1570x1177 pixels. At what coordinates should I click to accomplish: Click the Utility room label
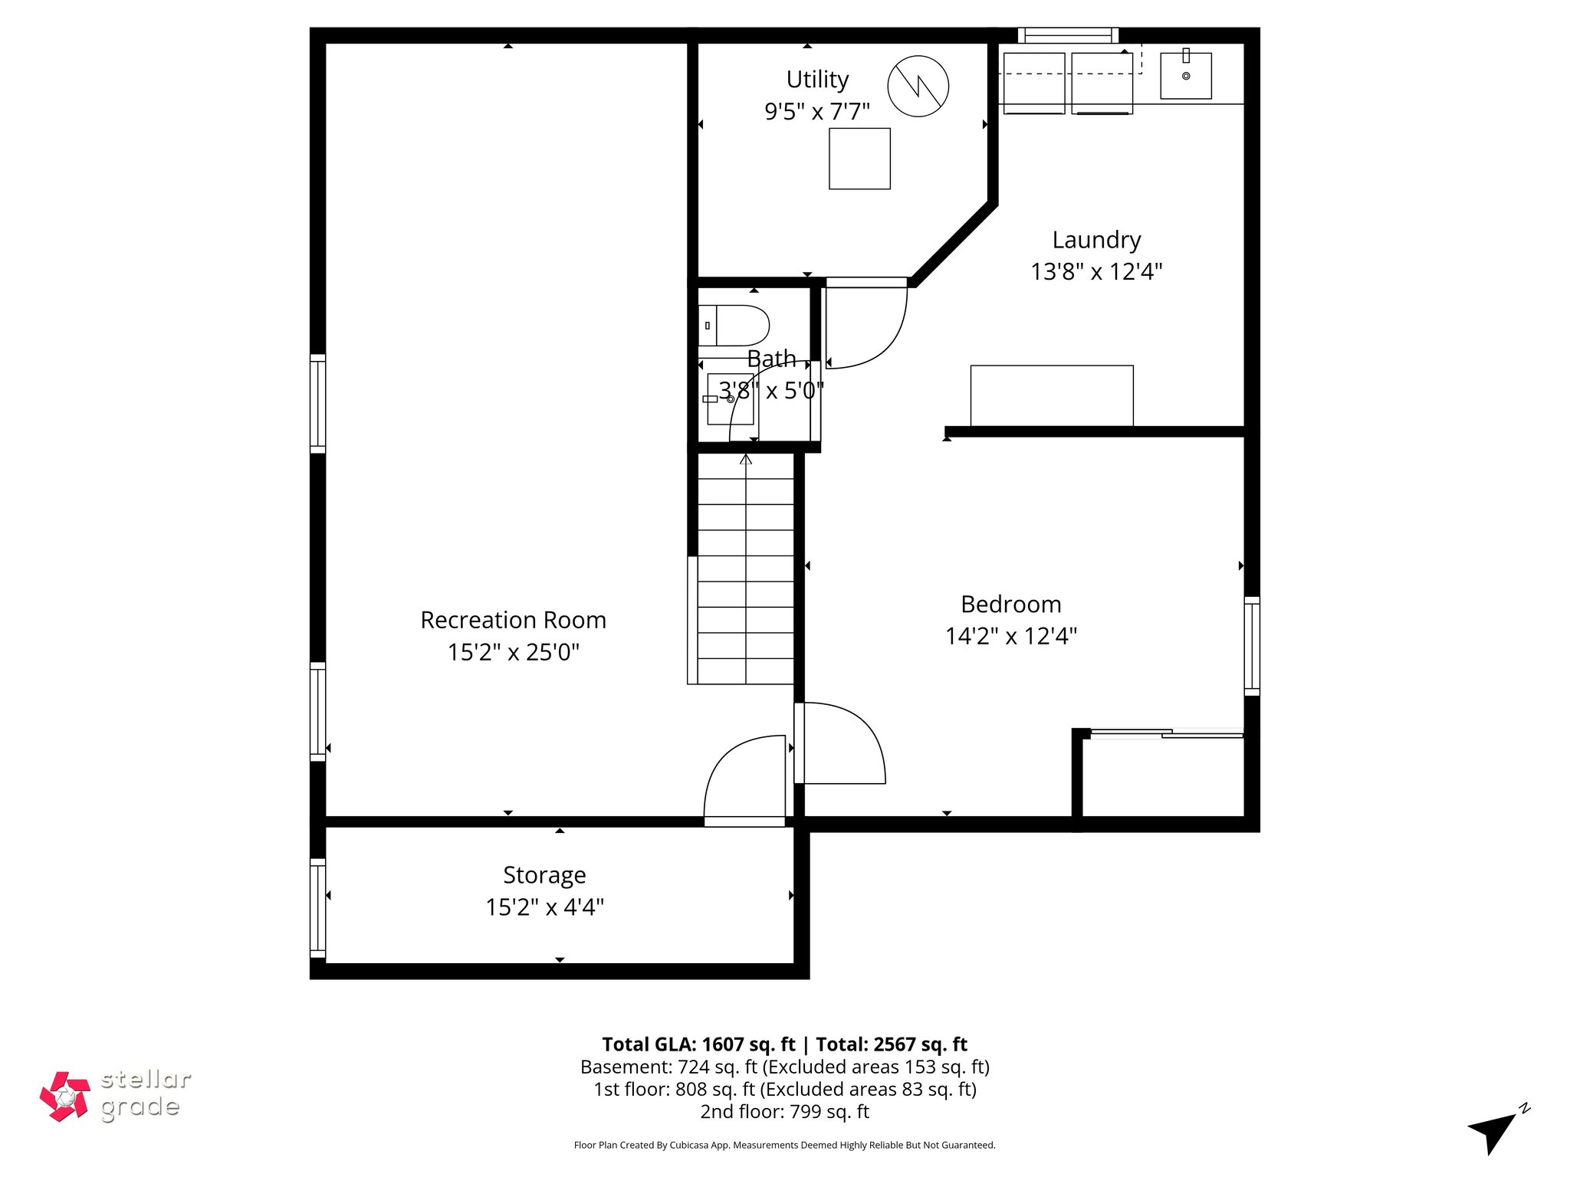click(817, 80)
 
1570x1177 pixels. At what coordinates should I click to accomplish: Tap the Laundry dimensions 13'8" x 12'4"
click(1096, 272)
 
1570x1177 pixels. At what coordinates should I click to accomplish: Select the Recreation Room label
click(513, 620)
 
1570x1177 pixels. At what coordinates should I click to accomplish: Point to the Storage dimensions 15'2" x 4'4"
click(544, 907)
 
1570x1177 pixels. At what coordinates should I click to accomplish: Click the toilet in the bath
click(734, 326)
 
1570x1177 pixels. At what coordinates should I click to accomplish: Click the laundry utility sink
click(1185, 76)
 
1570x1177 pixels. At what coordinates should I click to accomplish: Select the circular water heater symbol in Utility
click(918, 86)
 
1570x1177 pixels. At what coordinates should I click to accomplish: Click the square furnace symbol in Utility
click(859, 159)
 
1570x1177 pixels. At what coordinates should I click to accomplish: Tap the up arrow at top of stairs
click(745, 460)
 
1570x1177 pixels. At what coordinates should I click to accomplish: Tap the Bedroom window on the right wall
click(1251, 646)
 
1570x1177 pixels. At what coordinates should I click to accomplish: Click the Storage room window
click(317, 908)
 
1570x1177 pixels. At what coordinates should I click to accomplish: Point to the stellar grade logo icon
click(65, 1096)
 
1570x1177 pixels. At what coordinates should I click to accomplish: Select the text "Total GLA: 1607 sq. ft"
click(698, 1044)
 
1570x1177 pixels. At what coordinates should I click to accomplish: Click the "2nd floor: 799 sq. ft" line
click(784, 1111)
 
